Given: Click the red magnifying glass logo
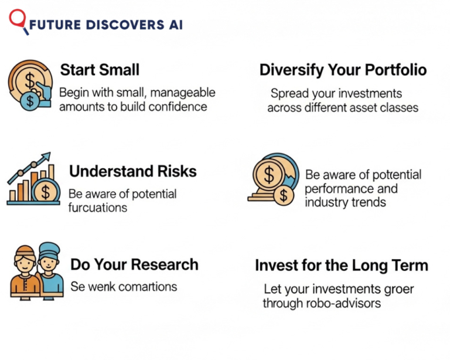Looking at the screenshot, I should click(x=18, y=20).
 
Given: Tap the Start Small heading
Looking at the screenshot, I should click(x=100, y=70).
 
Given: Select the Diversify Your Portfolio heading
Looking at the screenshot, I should click(x=343, y=70).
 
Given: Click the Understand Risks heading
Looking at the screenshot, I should click(x=132, y=171).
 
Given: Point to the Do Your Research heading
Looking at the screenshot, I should click(x=134, y=264).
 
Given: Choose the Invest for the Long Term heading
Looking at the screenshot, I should click(x=341, y=266).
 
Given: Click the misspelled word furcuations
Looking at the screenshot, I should click(x=98, y=208).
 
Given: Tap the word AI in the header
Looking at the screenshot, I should click(x=174, y=25).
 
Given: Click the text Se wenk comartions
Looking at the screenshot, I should click(x=123, y=287).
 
